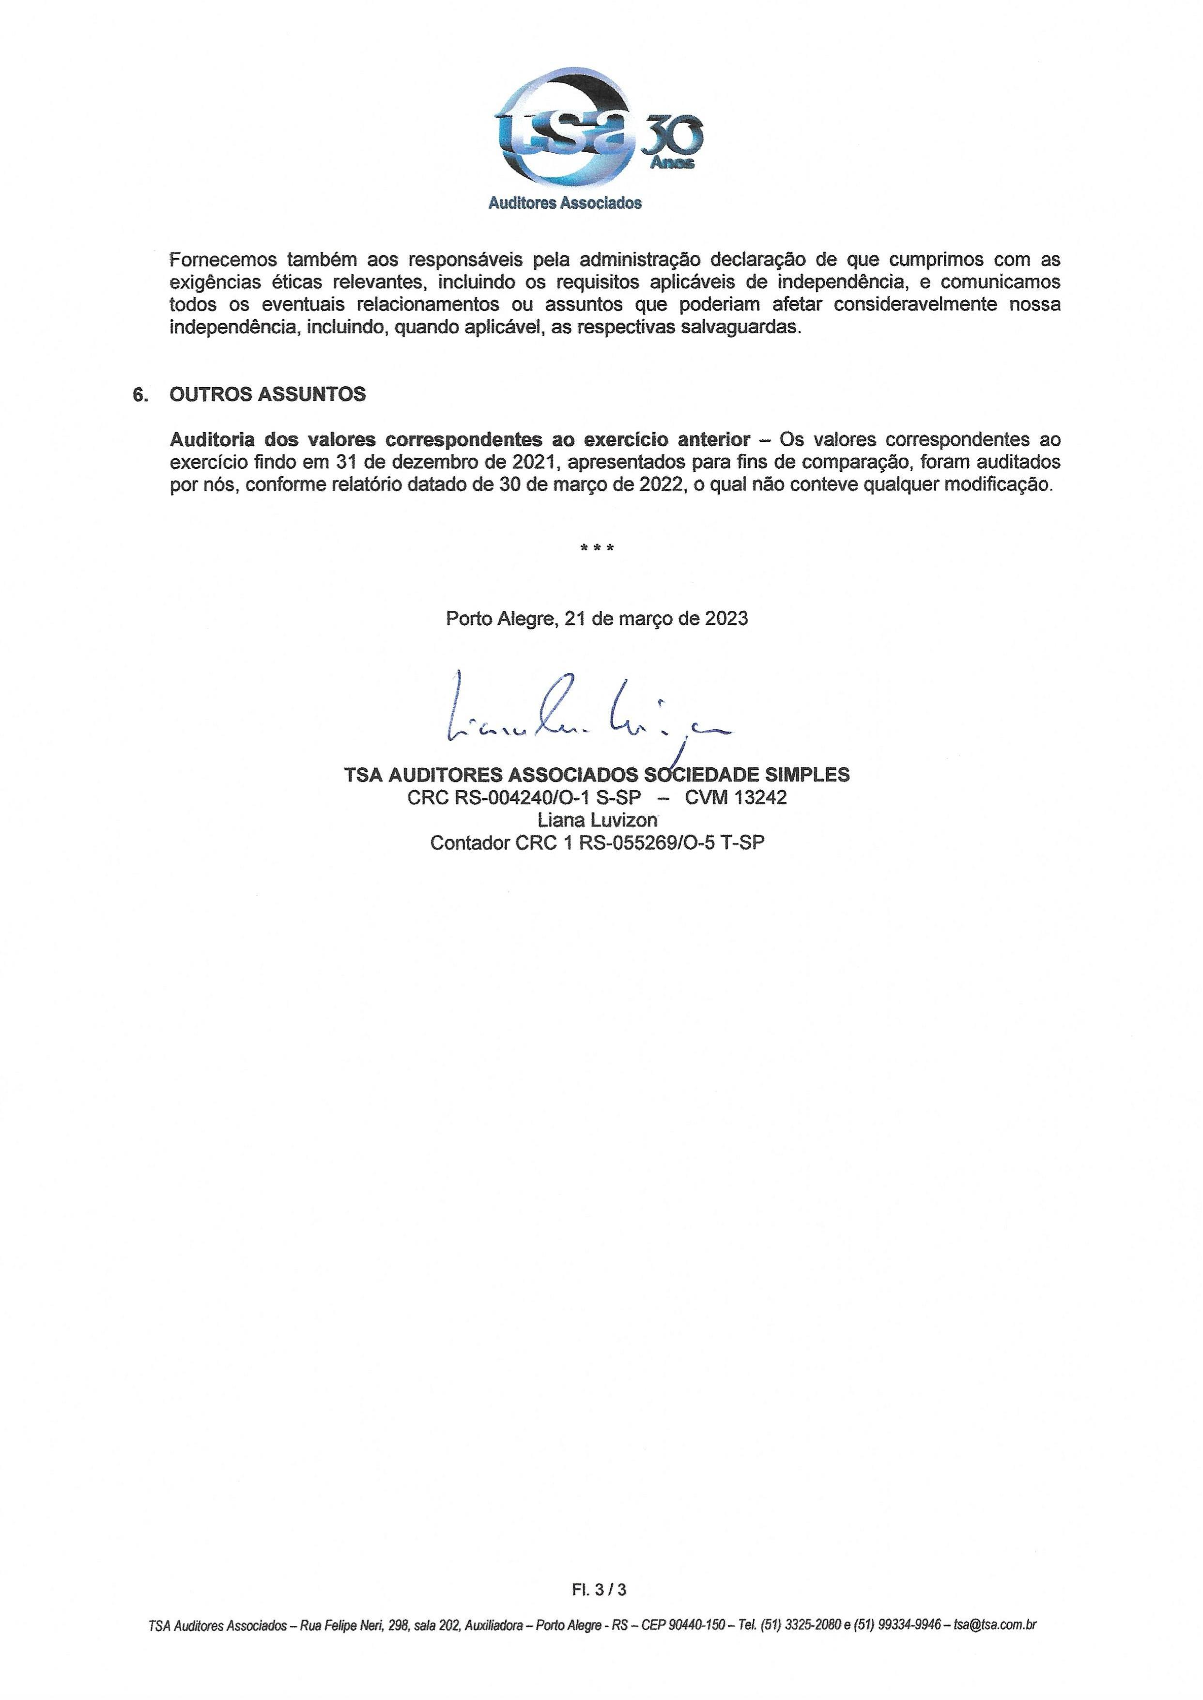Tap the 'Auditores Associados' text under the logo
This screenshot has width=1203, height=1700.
click(x=565, y=203)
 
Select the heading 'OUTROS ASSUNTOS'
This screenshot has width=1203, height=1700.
click(x=267, y=394)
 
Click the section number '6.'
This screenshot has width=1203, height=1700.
click(x=140, y=394)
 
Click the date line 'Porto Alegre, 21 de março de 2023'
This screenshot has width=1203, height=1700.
click(x=597, y=618)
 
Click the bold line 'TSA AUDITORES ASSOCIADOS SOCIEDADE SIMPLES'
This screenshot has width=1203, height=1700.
click(x=597, y=775)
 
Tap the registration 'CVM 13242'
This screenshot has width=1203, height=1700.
click(x=736, y=797)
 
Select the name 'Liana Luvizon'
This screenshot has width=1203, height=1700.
click(x=598, y=820)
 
